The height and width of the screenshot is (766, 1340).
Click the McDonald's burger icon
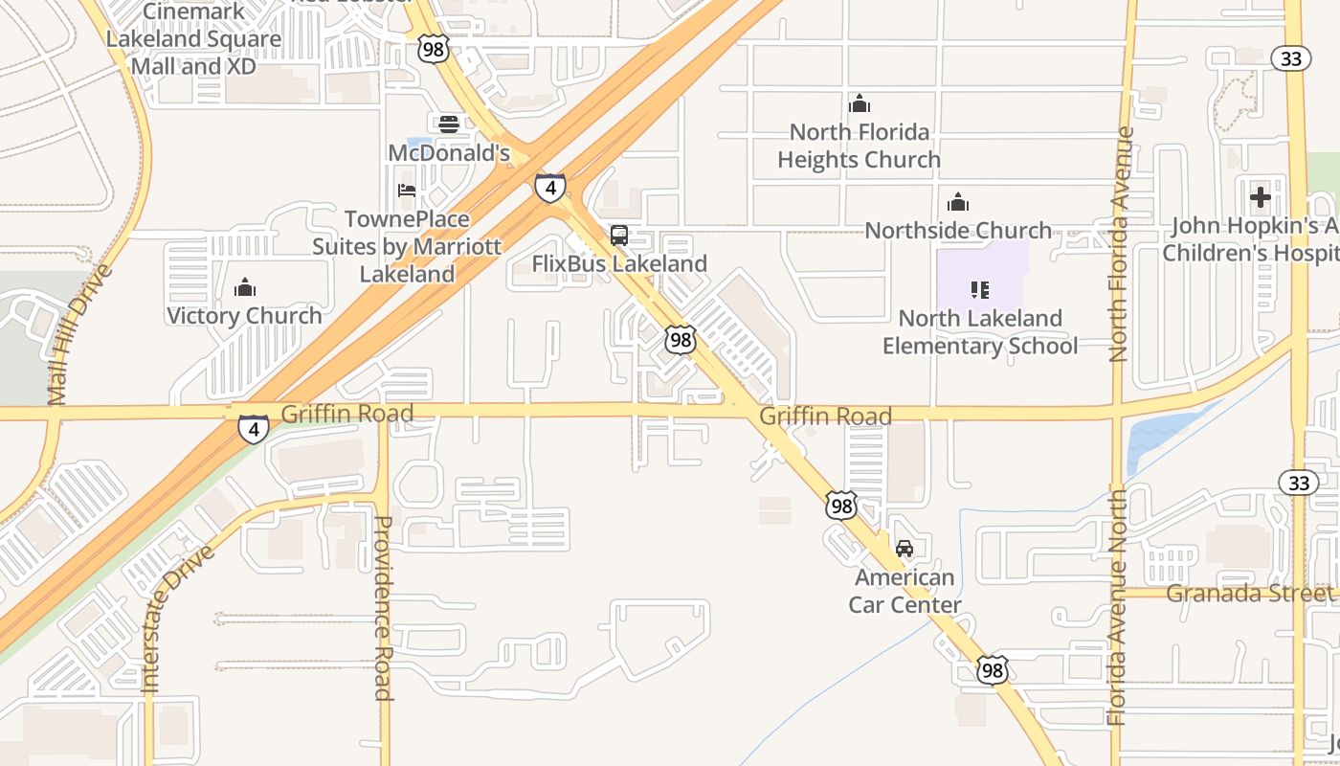tap(449, 124)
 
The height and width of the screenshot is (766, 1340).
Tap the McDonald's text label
tap(449, 153)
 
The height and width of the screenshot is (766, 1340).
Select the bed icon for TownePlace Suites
tap(407, 191)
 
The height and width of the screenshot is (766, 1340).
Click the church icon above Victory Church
tap(245, 287)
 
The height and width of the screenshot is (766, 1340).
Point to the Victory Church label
tap(245, 316)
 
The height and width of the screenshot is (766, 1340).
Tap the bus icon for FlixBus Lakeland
tap(619, 235)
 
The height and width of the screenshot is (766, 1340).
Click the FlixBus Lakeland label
tap(619, 263)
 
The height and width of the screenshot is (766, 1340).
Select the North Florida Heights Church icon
tap(860, 103)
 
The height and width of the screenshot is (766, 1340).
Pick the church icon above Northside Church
tap(958, 202)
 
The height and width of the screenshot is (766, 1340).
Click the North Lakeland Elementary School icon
tap(979, 289)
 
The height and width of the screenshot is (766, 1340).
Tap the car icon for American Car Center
tap(904, 549)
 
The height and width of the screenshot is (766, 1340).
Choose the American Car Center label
tap(904, 591)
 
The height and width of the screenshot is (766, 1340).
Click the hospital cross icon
tap(1261, 198)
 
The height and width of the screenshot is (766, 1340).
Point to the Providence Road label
tap(383, 608)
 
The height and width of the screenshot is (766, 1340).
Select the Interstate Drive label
tap(177, 619)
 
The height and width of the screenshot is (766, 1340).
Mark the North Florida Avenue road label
tap(1120, 245)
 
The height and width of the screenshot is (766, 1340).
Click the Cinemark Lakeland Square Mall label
tap(193, 39)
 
